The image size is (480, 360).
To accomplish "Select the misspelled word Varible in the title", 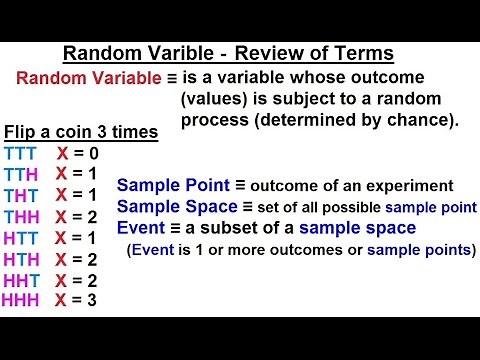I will click(181, 53).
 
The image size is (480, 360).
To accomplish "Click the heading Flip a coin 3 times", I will click(81, 133).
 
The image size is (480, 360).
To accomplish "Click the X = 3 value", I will click(78, 299).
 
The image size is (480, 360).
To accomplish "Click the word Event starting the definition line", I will click(138, 228).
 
